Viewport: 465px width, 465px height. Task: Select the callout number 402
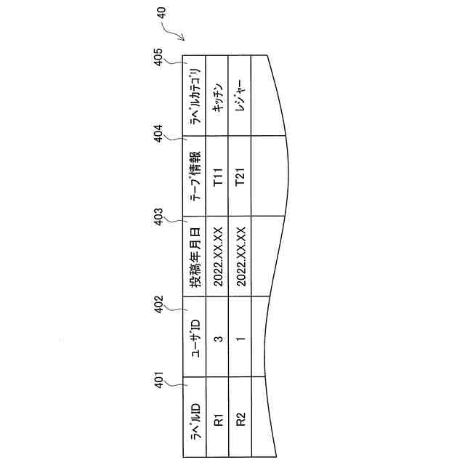[162, 303]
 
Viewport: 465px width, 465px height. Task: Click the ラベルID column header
[195, 419]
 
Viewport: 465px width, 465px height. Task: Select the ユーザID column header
[195, 337]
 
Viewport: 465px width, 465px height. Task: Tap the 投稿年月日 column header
[195, 256]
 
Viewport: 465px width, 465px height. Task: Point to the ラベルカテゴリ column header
[195, 95]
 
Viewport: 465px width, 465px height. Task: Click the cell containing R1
[217, 419]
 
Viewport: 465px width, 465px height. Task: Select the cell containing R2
[240, 419]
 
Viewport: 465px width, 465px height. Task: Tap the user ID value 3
[217, 337]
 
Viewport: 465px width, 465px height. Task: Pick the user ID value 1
[240, 337]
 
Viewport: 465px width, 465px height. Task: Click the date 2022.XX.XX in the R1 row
[217, 256]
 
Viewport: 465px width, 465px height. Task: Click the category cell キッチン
[217, 95]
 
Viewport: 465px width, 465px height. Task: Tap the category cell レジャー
[240, 95]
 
